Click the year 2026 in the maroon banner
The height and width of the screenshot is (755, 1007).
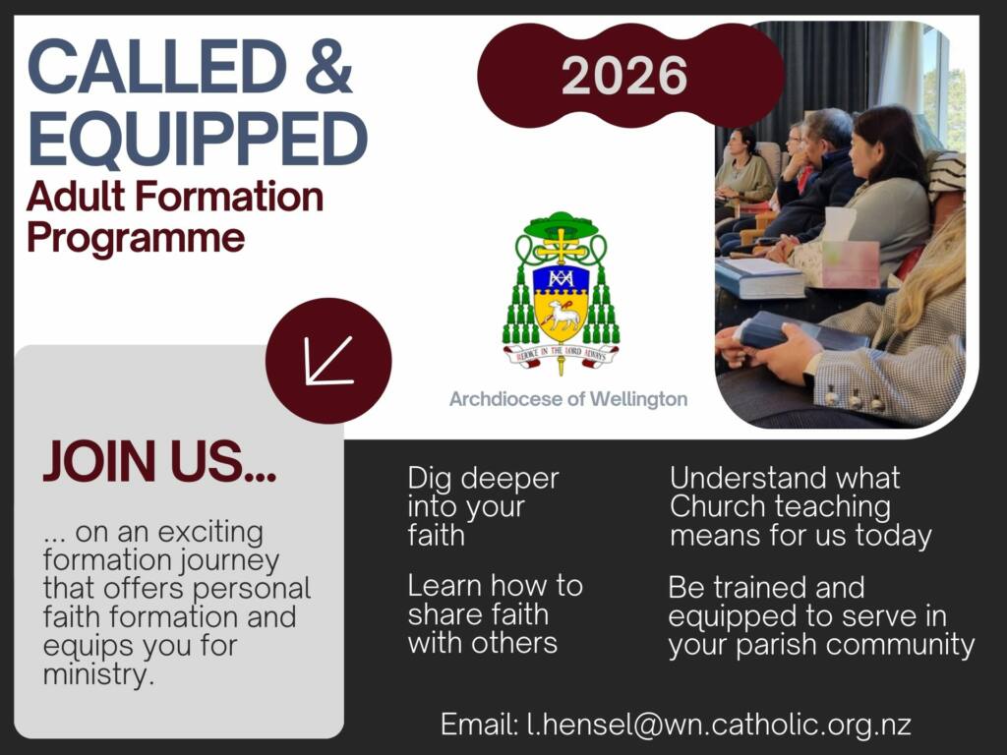click(624, 75)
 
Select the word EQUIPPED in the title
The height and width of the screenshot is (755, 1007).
click(197, 138)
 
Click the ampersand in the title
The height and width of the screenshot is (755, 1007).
click(328, 66)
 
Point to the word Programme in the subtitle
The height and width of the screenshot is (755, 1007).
click(136, 238)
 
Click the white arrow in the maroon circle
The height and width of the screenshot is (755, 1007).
click(328, 360)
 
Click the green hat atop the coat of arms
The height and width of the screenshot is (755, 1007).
click(562, 225)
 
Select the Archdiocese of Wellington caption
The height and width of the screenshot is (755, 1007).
click(568, 399)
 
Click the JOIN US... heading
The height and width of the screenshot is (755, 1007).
click(159, 461)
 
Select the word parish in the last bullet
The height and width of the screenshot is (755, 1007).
click(776, 646)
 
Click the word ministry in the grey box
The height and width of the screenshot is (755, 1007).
click(99, 674)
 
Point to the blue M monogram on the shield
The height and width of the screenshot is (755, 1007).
click(561, 277)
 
